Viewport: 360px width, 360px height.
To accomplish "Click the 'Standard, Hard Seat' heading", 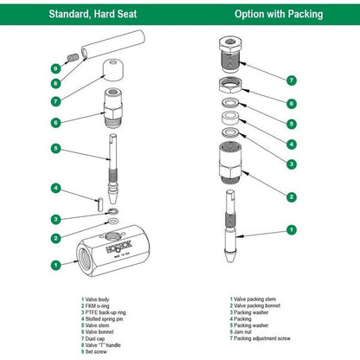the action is tap(93, 14).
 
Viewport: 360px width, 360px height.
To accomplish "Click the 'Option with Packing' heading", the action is tap(279, 14).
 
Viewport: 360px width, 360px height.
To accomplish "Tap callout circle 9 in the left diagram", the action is tap(55, 68).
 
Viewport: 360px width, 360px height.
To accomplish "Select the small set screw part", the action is tap(73, 57).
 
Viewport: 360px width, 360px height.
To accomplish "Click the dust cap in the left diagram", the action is tap(113, 70).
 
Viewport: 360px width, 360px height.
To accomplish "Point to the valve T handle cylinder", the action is tap(112, 44).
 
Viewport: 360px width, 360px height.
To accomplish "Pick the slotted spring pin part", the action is tap(100, 204).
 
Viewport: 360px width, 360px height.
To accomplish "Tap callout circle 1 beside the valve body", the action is tap(55, 265).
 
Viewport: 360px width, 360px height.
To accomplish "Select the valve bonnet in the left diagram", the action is tap(113, 108).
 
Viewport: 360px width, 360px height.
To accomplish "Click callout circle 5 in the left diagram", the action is tap(55, 149).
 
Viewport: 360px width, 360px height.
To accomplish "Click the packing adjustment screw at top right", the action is tap(230, 55).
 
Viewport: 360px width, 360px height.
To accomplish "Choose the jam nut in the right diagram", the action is tap(230, 85).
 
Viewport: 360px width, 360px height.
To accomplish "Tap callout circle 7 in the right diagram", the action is tap(292, 80).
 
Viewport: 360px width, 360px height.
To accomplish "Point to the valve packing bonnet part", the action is tap(230, 163).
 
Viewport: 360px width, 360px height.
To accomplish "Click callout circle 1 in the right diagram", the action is tap(292, 230).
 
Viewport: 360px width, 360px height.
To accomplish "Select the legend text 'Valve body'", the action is tap(97, 299).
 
